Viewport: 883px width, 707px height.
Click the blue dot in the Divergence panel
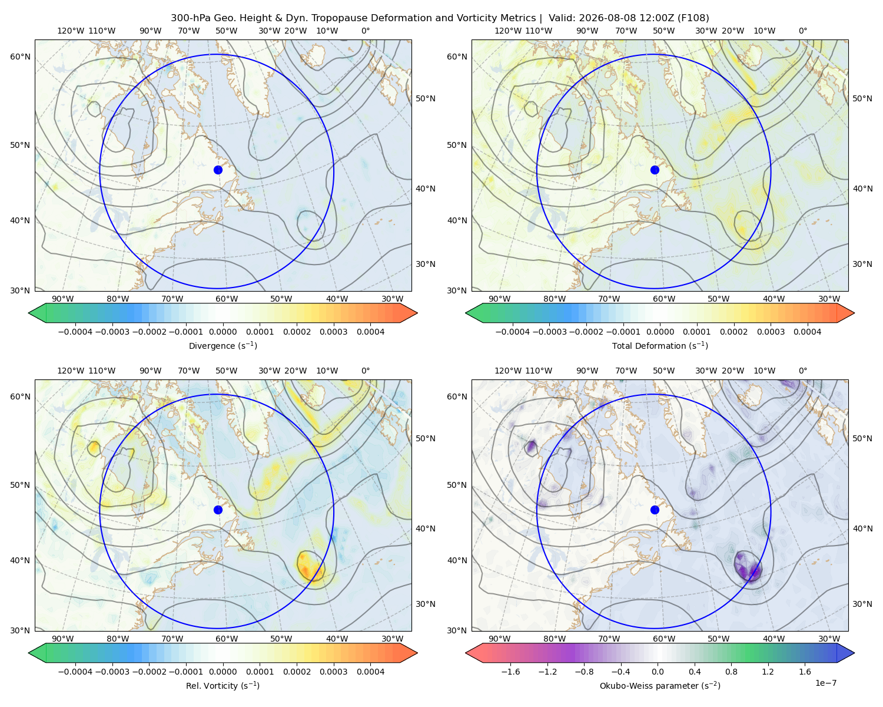tap(218, 170)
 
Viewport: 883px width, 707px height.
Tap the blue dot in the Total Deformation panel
tap(655, 170)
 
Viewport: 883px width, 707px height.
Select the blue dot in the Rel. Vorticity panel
tap(218, 510)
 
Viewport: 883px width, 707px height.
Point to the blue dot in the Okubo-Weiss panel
tap(655, 510)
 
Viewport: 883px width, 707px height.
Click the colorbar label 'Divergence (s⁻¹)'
tap(223, 346)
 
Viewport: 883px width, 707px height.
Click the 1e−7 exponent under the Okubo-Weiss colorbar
tap(825, 683)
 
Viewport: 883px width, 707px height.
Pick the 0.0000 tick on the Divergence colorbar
tap(223, 332)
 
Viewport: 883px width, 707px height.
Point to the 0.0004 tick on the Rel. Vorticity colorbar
tap(370, 672)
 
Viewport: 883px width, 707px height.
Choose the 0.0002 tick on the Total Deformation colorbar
tap(733, 332)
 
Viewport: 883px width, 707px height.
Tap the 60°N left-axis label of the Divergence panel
tap(20, 57)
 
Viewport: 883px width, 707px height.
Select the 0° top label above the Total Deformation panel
tap(802, 31)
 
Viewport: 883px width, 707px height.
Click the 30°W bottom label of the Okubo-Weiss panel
tap(829, 639)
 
